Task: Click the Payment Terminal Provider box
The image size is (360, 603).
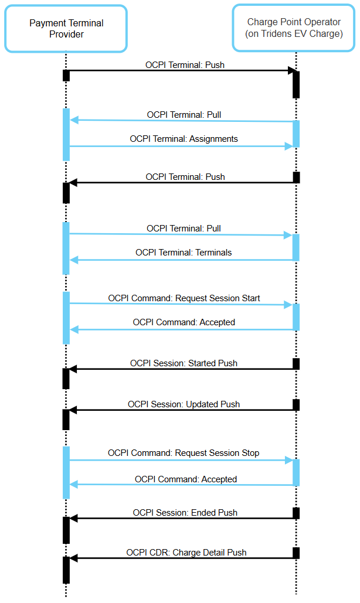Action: coord(66,29)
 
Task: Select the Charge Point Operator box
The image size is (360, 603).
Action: coord(294,28)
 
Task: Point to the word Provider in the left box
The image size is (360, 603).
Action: coord(66,34)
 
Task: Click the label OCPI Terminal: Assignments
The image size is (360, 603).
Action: coord(184,139)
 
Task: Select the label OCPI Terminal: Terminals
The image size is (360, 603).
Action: coord(184,253)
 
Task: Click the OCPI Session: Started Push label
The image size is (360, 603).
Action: coord(184,363)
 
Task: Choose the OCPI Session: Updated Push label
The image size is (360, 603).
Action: coord(184,404)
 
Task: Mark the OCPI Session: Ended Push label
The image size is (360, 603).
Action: coord(185,513)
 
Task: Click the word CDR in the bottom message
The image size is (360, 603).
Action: coord(159,553)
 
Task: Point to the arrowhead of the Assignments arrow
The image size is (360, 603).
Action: coord(288,146)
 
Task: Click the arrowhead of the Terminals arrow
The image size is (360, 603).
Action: coord(74,260)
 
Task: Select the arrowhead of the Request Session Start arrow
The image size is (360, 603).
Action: coord(288,305)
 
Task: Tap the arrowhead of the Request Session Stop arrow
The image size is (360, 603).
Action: coord(288,461)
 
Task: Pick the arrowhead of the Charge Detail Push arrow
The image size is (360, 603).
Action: coord(74,558)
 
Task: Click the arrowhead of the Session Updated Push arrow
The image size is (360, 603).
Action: coord(74,410)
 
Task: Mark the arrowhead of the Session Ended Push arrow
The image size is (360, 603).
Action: coord(74,519)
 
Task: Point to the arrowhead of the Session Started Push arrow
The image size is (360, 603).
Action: coord(74,369)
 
